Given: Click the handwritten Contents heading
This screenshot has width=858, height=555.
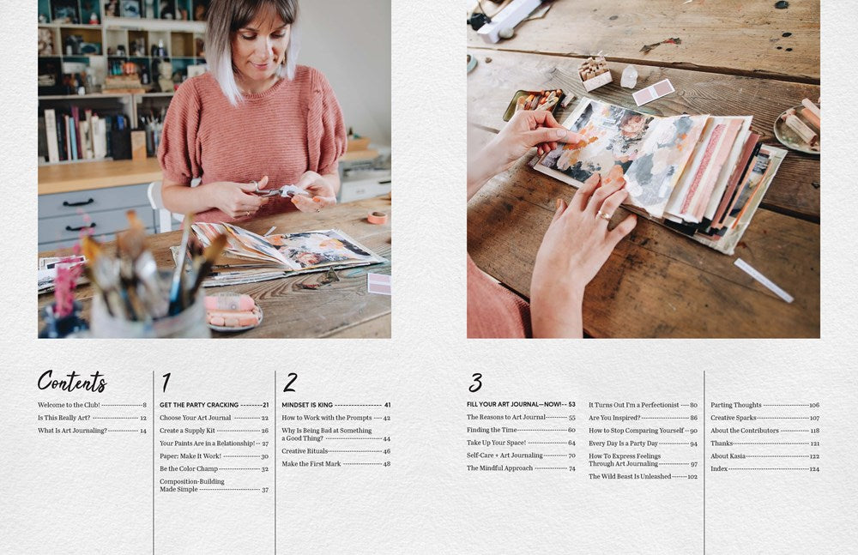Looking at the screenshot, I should coord(72,381).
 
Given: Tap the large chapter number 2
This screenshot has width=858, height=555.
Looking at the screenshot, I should coord(290,383).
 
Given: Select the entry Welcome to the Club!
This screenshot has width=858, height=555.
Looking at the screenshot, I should coord(69,405).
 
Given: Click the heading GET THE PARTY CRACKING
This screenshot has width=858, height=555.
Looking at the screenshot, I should coord(199,405).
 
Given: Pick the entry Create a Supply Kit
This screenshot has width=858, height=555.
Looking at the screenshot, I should coord(186,431).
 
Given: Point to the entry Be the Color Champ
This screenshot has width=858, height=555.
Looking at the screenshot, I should coord(189,469).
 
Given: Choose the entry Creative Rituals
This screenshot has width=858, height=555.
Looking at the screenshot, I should coord(305,451).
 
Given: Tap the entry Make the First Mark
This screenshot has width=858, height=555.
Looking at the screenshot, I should coord(311,464).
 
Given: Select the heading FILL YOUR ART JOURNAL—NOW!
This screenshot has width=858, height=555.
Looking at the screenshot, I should coord(509,404).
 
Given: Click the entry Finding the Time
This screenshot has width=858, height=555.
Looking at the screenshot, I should coord(491,430).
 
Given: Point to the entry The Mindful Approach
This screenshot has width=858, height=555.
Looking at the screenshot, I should coord(499,468).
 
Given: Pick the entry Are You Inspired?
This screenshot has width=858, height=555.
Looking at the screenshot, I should coord(614,418).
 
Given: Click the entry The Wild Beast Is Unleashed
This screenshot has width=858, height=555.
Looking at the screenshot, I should coord(630,476).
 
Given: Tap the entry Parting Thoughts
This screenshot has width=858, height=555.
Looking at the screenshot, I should coord(735,405).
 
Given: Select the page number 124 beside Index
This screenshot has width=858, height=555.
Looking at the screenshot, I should coord(813,469).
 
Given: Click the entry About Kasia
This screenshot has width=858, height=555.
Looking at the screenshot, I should coord(728,456).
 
